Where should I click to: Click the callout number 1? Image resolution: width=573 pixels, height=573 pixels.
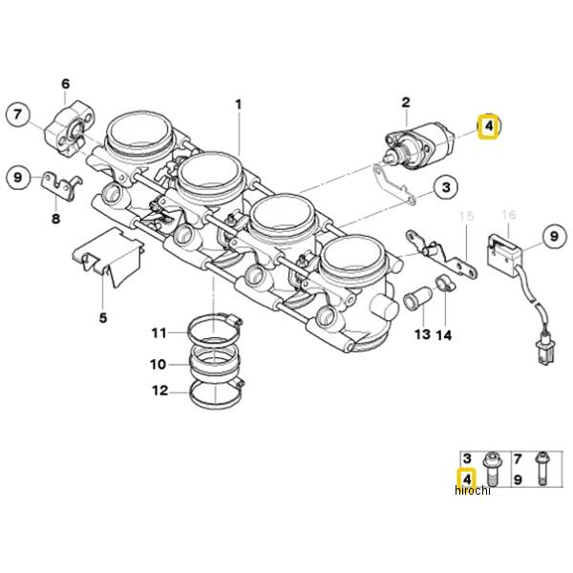coord(238,105)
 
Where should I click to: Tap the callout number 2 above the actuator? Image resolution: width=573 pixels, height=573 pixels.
coord(406,102)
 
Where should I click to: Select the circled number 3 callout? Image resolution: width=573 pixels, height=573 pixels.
coord(446,187)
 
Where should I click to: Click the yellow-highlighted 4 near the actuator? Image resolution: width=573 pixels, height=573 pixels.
coord(489,126)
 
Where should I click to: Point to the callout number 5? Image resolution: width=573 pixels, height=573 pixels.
coord(103,318)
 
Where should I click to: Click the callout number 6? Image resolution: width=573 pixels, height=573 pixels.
coord(65,84)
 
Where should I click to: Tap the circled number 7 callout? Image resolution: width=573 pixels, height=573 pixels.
coord(18,115)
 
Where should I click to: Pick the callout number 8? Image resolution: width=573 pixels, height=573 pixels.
coord(55,219)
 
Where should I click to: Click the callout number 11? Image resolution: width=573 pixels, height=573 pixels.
coord(159,333)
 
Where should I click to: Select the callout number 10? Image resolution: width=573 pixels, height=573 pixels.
coord(158,365)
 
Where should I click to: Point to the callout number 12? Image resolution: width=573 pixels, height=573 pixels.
coord(160,391)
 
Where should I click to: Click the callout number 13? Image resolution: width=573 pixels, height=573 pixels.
coord(422,334)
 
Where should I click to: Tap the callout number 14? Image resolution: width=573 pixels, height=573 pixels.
coord(444,335)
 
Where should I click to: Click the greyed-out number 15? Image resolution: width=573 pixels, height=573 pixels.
coord(466,216)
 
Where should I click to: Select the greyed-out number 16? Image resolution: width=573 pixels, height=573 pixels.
coord(509,215)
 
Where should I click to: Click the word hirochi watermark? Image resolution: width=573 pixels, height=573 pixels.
coord(472,491)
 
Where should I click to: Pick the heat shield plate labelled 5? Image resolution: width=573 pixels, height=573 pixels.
coord(108,257)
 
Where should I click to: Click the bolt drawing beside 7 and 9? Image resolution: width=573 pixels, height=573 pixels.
coord(541,469)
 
